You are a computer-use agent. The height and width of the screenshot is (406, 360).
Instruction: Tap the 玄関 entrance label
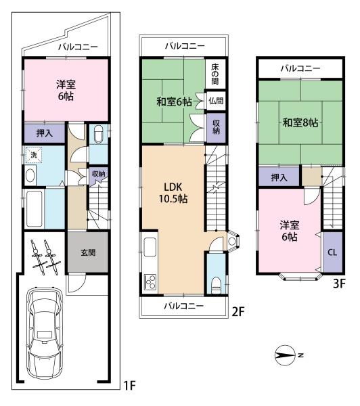pyautogui.click(x=88, y=252)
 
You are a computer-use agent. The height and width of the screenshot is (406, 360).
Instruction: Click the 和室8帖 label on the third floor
pyautogui.click(x=300, y=122)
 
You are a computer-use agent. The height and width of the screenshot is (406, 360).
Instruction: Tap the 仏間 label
pyautogui.click(x=216, y=100)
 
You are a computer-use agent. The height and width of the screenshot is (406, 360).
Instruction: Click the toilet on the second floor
pyautogui.click(x=215, y=282)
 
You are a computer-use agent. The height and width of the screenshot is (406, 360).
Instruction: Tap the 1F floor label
pyautogui.click(x=129, y=386)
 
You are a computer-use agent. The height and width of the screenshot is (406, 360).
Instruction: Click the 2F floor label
pyautogui.click(x=237, y=312)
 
